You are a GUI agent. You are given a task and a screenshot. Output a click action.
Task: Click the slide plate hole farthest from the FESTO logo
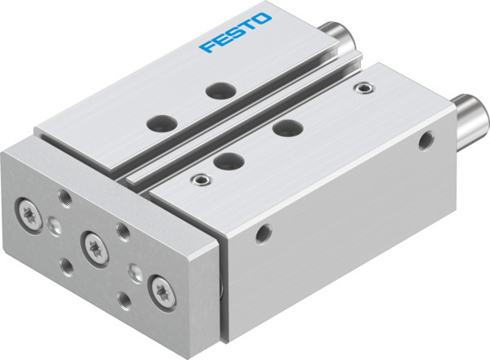[x=157, y=124]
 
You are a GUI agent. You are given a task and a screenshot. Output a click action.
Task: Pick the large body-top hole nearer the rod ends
[x=285, y=127]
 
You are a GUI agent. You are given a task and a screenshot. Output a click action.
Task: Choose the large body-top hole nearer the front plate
[x=228, y=160]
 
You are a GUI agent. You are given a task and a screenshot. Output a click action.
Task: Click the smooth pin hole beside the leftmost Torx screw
[x=55, y=226]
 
